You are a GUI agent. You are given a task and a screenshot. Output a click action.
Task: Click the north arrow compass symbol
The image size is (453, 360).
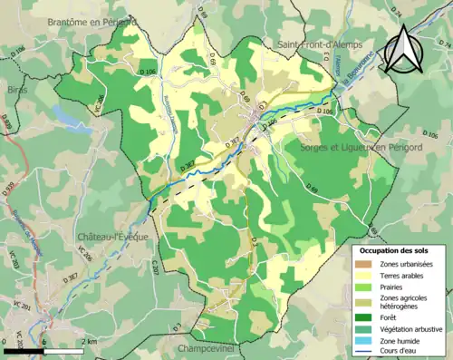[404, 47]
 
